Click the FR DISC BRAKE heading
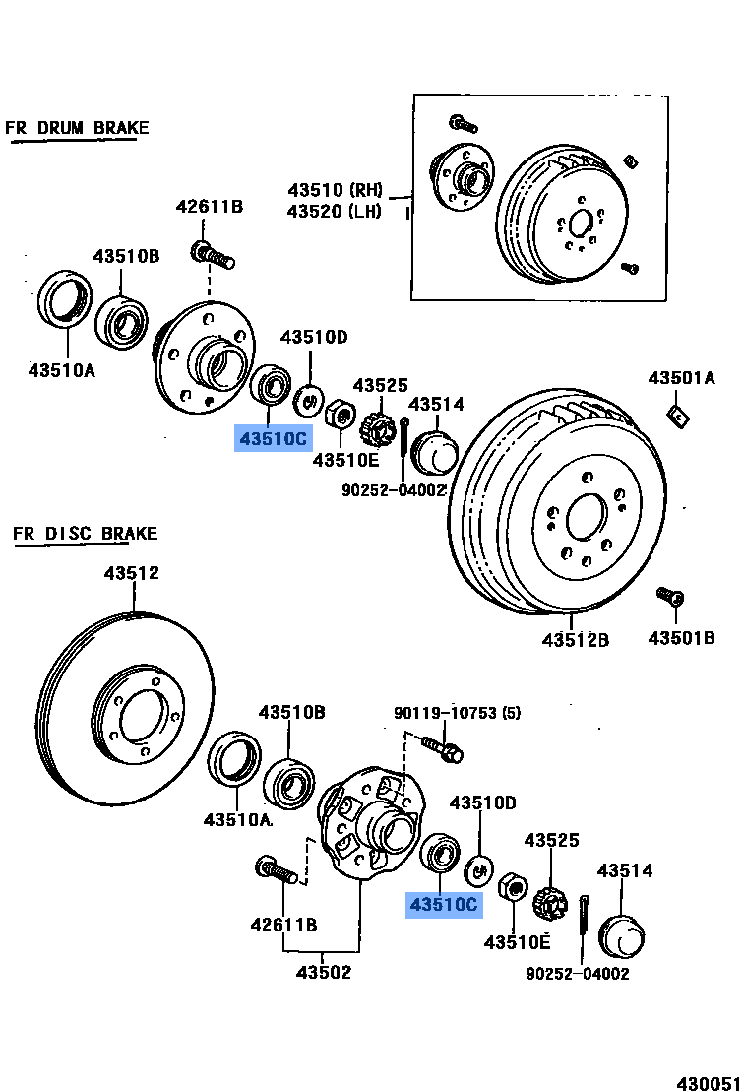[x=85, y=534]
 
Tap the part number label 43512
[x=132, y=573]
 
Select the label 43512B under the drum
[x=575, y=640]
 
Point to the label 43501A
[x=681, y=378]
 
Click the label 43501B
[x=681, y=638]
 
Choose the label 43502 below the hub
[x=324, y=973]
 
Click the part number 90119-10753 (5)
[x=457, y=713]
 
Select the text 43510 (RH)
[x=335, y=190]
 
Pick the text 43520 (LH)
[x=335, y=212]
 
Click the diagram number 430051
[x=708, y=1081]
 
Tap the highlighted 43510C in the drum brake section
[x=272, y=438]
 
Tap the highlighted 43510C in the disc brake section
[x=445, y=903]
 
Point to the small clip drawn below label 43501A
[x=677, y=416]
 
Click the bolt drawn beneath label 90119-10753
[x=445, y=751]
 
